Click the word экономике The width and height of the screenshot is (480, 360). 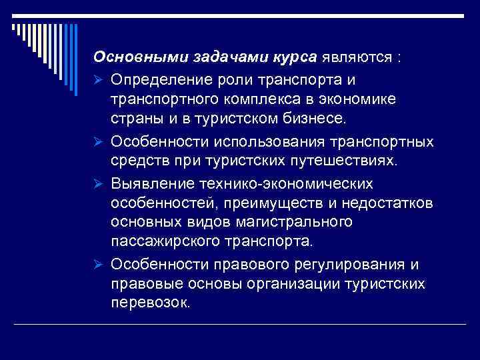pyautogui.click(x=364, y=99)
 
